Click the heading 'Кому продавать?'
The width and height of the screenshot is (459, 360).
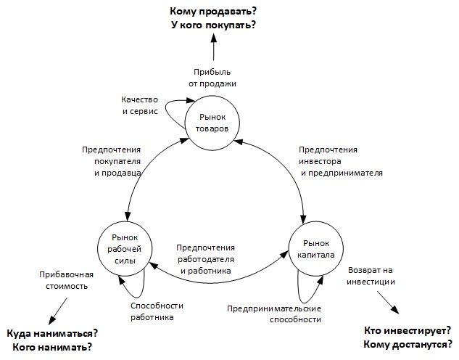click(x=213, y=11)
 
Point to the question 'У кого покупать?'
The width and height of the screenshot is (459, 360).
click(x=213, y=25)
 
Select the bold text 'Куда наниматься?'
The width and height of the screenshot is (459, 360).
click(x=52, y=333)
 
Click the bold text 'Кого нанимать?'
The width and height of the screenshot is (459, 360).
click(x=52, y=347)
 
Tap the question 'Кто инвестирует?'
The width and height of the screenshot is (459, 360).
click(x=408, y=331)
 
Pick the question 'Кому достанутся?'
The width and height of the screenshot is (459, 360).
click(x=408, y=345)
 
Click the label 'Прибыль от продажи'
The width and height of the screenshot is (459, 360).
click(x=212, y=78)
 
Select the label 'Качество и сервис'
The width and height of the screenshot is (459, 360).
click(x=140, y=105)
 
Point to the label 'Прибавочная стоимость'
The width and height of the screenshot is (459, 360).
click(x=67, y=280)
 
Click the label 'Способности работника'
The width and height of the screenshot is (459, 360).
click(x=157, y=311)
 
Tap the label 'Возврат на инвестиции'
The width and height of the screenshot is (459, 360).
click(x=371, y=276)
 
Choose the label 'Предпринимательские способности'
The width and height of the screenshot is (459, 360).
click(x=274, y=314)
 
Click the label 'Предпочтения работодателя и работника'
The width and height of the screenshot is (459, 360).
click(x=205, y=259)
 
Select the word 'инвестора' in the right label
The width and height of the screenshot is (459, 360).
click(x=320, y=161)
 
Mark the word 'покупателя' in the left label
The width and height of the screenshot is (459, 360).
click(x=117, y=161)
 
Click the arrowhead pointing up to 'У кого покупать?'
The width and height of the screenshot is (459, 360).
click(x=214, y=38)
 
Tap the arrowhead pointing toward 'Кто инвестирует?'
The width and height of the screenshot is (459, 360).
click(x=395, y=309)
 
